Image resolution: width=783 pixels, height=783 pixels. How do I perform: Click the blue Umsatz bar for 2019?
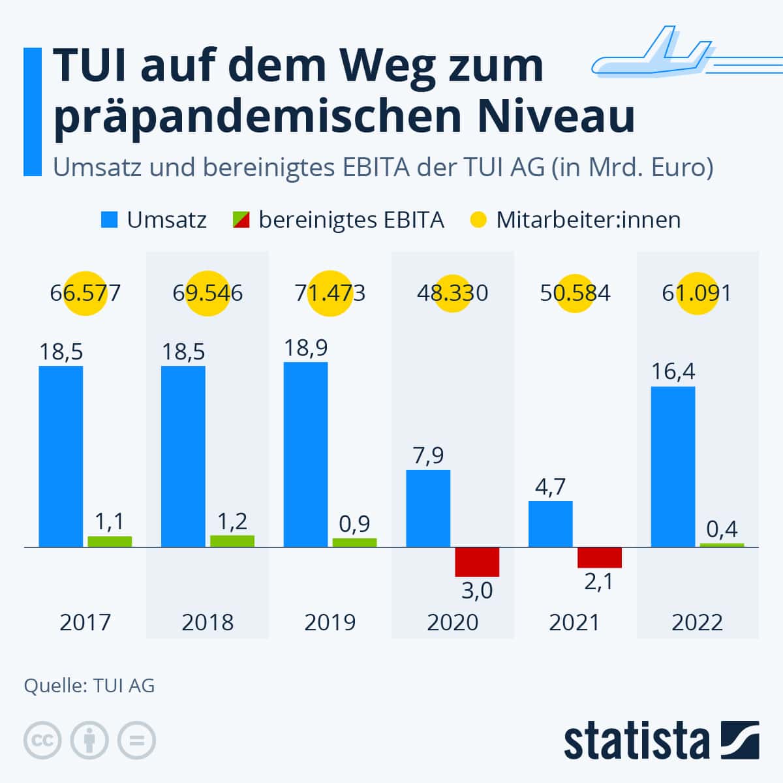(x=305, y=454)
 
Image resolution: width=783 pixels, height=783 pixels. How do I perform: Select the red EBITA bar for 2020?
(x=477, y=562)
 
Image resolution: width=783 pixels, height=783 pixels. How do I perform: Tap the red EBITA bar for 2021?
(x=600, y=557)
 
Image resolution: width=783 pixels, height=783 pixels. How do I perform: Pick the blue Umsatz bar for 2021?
(x=551, y=524)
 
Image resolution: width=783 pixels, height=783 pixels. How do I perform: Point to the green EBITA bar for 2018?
(x=232, y=541)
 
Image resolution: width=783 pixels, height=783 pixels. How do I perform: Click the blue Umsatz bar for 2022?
(x=673, y=467)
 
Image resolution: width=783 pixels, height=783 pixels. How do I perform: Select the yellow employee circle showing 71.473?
(x=330, y=294)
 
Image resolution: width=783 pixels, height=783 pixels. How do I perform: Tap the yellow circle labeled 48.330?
(x=452, y=294)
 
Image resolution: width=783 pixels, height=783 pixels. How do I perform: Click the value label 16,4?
(x=673, y=371)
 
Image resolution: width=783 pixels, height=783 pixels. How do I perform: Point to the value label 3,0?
(x=477, y=591)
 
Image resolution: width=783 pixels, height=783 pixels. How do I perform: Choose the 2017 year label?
(x=85, y=622)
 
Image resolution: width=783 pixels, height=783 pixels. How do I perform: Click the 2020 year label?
(x=452, y=622)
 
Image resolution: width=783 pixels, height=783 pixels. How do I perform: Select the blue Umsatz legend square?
(x=110, y=220)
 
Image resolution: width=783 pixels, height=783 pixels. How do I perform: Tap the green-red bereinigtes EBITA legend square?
(x=241, y=220)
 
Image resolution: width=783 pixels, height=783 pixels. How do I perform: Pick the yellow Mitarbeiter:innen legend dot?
(x=478, y=220)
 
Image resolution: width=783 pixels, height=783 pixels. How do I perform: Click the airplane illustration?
(x=686, y=52)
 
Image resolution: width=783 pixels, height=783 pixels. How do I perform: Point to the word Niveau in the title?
(x=556, y=116)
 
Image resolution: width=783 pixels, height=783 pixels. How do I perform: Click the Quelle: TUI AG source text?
(x=89, y=686)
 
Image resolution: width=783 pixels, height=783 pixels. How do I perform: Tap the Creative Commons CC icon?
(x=42, y=741)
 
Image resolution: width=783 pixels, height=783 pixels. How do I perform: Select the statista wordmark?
(x=636, y=741)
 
